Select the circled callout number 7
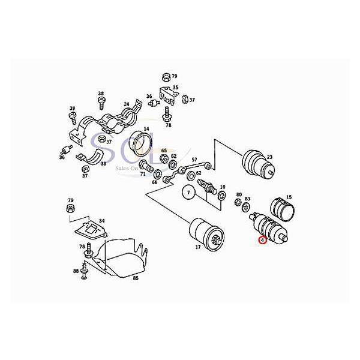[188, 193]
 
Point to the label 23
[269, 157]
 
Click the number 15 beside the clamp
[289, 197]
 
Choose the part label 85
[136, 278]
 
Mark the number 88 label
[76, 271]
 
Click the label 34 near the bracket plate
[101, 221]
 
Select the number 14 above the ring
[146, 128]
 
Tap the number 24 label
[127, 104]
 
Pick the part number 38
[101, 94]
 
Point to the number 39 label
[72, 109]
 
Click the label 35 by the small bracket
[175, 88]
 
